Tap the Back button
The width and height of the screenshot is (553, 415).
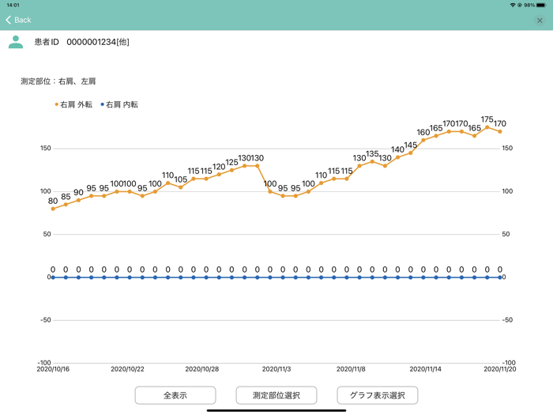point(18,20)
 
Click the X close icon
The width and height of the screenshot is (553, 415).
point(540,21)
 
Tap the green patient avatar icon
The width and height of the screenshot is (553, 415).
point(16,42)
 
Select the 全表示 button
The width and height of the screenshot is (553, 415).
point(175,394)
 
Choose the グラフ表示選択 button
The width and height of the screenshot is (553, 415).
point(377,394)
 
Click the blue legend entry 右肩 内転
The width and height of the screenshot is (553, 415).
point(119,104)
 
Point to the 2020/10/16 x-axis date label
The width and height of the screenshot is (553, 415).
point(53,368)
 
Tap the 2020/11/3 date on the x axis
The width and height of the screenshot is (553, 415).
point(276,368)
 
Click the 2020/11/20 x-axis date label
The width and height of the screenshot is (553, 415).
point(500,368)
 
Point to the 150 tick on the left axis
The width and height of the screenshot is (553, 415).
point(45,149)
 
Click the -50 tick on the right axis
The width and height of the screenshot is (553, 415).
point(509,320)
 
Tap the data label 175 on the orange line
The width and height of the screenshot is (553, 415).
point(487,120)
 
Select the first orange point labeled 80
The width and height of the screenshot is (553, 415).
point(53,209)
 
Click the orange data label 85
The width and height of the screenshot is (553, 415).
point(66,197)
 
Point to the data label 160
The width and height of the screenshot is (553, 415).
point(423,133)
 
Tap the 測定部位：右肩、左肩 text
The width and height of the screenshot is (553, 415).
point(58,81)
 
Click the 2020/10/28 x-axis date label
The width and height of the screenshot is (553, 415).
point(202,368)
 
